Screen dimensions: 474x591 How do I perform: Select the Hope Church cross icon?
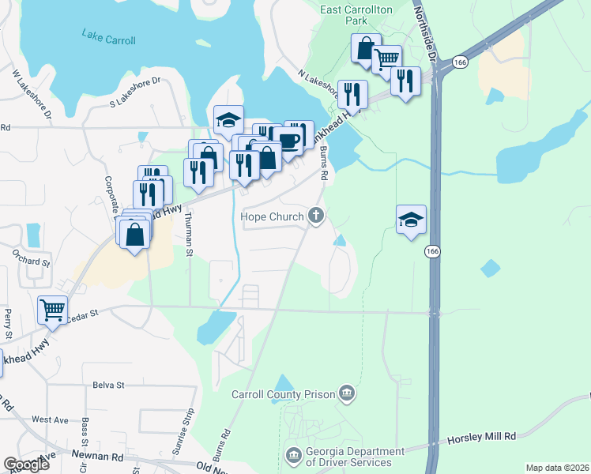(316, 215)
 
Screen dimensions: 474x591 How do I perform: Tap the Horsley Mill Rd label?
(481, 436)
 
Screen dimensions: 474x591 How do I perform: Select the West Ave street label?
(51, 419)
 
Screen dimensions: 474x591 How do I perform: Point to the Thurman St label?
(189, 234)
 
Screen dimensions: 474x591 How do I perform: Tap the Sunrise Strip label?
(190, 428)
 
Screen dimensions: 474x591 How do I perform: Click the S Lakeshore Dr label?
(135, 91)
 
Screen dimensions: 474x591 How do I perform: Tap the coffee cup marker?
(288, 139)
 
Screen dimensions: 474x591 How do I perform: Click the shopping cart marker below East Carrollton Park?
(386, 59)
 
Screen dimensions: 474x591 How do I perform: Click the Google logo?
(25, 465)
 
